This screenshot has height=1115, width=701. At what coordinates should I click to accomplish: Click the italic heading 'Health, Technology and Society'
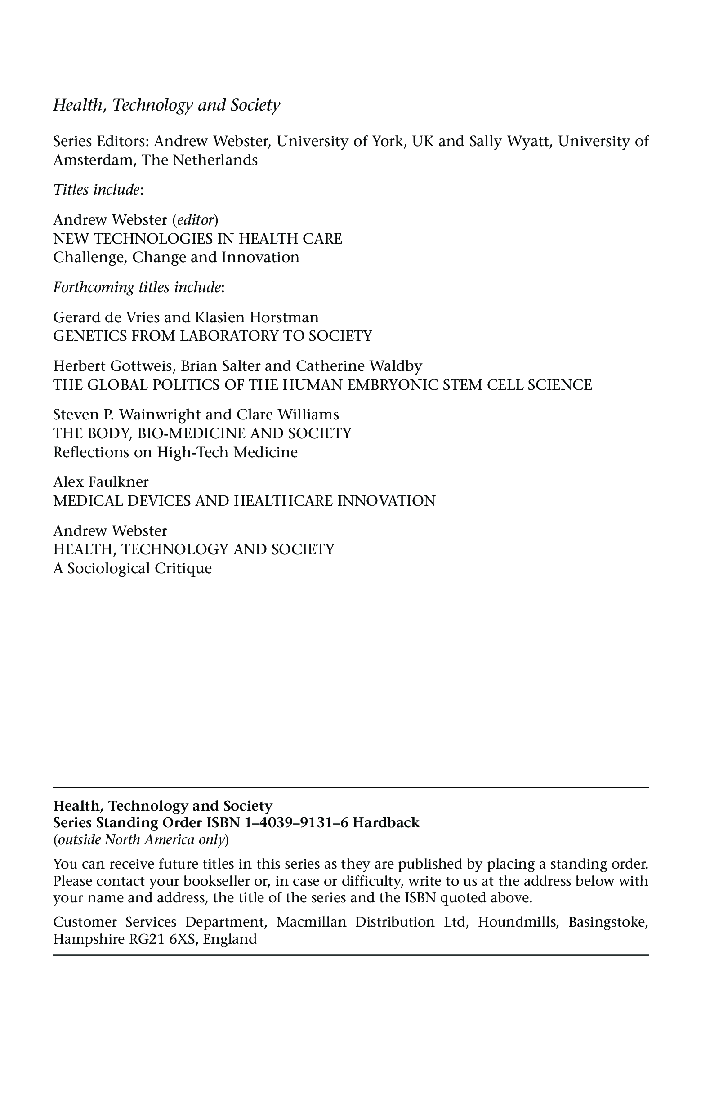166,106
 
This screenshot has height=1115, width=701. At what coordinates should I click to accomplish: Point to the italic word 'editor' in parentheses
196,219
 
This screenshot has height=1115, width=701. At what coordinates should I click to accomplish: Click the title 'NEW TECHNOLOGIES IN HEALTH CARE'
198,238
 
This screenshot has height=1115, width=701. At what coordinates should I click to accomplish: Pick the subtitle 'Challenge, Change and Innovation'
176,257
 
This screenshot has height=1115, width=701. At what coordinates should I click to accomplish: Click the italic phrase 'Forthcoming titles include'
137,288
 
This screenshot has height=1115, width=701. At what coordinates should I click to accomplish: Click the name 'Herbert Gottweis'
114,366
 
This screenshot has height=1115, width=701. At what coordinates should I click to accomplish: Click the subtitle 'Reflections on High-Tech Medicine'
175,452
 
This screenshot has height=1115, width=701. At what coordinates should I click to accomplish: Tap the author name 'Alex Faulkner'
101,482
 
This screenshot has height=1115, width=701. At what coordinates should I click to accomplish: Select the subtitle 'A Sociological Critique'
133,568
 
